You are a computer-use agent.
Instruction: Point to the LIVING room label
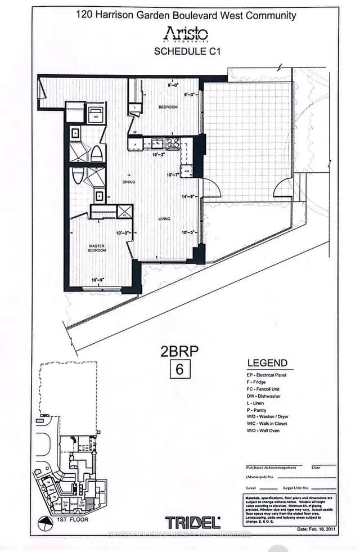click(164, 219)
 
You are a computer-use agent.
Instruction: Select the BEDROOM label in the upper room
click(168, 107)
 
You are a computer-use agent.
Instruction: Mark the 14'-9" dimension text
click(188, 196)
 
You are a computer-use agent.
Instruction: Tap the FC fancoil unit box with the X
click(124, 213)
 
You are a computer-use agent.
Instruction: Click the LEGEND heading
click(267, 363)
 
